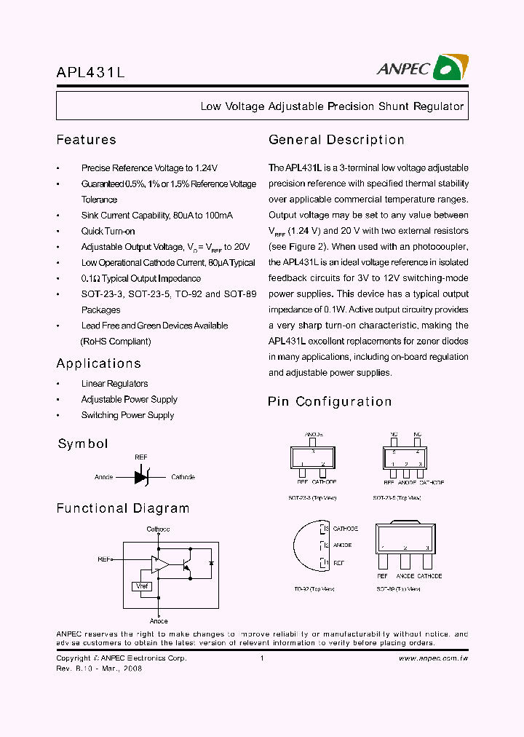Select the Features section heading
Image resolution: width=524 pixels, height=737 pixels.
86,140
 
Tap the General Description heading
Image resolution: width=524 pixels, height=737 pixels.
336,140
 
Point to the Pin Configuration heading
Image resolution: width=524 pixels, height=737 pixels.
330,401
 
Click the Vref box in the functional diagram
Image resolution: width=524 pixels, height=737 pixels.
141,586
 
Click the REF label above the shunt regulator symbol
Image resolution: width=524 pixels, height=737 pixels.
141,457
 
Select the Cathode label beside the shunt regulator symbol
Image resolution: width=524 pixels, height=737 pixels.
183,478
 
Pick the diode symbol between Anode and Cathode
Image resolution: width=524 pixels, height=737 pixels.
141,478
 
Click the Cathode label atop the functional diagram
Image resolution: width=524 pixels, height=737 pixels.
158,529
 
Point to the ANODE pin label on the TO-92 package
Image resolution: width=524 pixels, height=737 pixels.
342,545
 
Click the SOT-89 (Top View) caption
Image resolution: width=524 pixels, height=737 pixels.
398,588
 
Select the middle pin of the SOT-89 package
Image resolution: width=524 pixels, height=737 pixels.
405,561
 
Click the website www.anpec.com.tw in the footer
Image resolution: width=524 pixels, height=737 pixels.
433,658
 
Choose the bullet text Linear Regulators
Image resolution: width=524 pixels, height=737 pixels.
114,384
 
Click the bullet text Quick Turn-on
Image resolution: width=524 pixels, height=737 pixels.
108,232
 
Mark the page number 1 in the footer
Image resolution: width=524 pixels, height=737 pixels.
261,658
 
